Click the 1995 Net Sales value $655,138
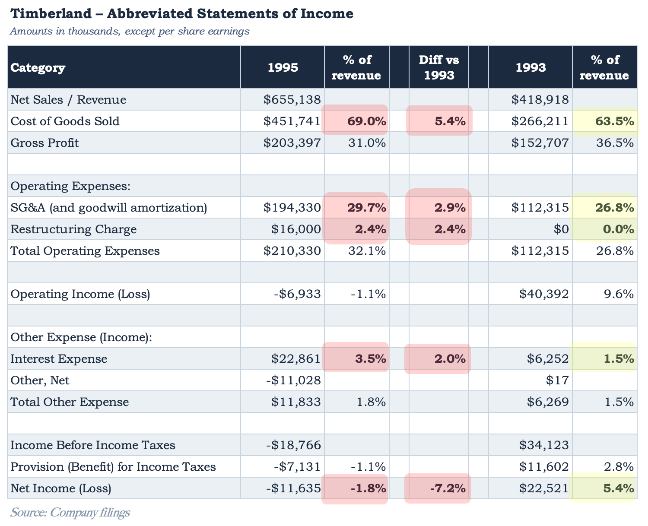pos(292,100)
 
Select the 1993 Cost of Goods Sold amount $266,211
pos(540,121)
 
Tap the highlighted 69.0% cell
pos(367,121)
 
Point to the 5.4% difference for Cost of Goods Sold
pos(450,121)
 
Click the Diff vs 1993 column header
pos(439,67)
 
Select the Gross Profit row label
pos(44,143)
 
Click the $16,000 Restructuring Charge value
pos(296,229)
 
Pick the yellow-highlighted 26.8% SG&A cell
pos(615,208)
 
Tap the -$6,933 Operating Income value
pos(297,294)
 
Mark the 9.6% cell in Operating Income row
pos(619,294)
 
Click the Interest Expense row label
pos(59,359)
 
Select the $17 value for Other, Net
pos(557,380)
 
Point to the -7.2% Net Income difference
pos(448,488)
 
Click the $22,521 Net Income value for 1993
pos(544,488)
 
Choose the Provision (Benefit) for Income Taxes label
pos(113,467)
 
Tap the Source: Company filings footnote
pos(70,512)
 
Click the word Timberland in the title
pos(51,14)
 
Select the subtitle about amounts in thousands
pos(130,31)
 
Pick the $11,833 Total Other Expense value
pos(296,402)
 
